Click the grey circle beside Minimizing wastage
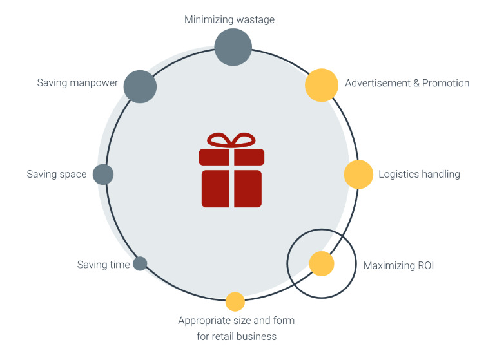tap(233, 46)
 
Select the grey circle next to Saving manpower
tap(140, 86)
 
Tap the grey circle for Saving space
tap(103, 174)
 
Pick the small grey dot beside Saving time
tap(140, 263)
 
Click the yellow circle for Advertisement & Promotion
tap(322, 85)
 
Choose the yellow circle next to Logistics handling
tap(359, 175)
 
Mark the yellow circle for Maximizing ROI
tap(321, 263)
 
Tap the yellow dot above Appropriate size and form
tap(235, 301)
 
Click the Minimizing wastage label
tap(229, 20)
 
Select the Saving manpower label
tap(77, 83)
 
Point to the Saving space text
tap(57, 175)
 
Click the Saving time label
tap(103, 265)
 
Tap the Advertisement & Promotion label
tap(407, 83)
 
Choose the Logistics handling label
tap(419, 174)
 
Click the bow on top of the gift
tap(231, 140)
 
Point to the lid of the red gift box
tap(231, 156)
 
